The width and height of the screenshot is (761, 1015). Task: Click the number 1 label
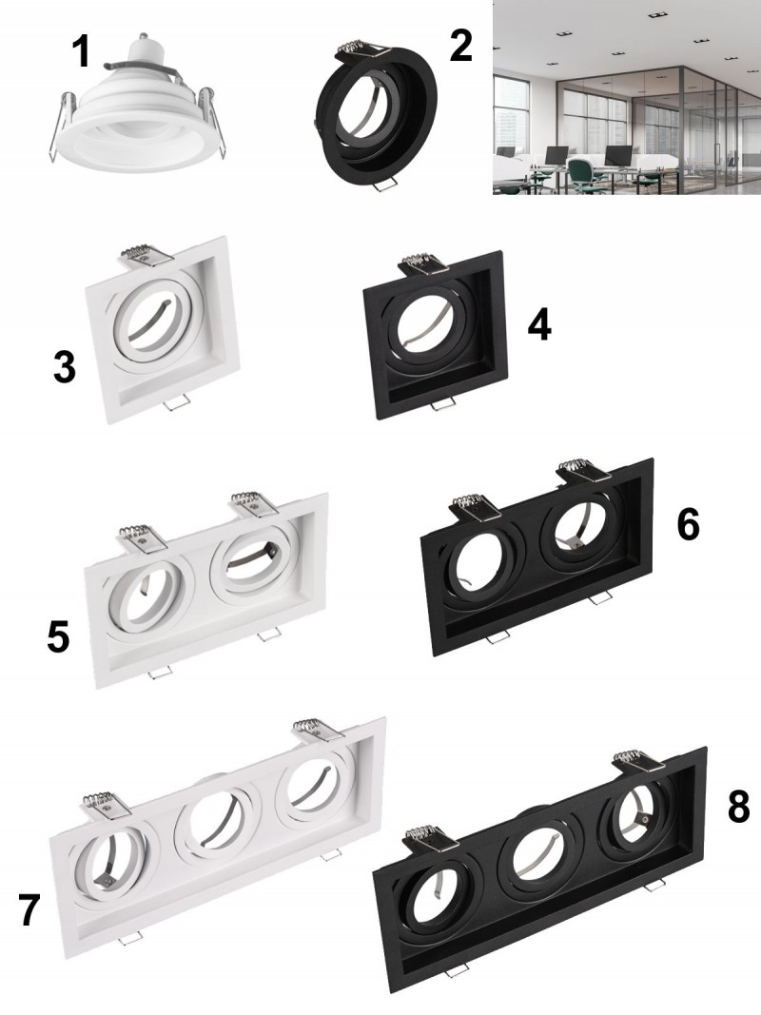tap(82, 51)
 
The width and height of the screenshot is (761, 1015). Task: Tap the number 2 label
tap(460, 46)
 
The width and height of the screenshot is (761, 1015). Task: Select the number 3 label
tap(65, 367)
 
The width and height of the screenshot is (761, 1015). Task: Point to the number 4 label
tap(539, 324)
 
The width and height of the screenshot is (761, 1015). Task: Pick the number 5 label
tap(58, 636)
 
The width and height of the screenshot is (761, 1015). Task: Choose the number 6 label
tap(689, 524)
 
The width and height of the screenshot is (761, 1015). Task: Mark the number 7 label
tap(29, 910)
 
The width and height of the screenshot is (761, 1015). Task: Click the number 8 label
tap(739, 808)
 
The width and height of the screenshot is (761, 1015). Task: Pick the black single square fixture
tap(435, 335)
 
